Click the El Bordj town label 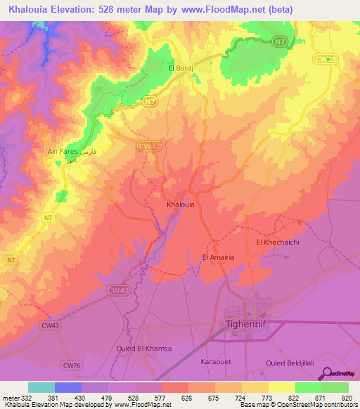(180, 67)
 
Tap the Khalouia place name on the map (180, 204)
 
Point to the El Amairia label (218, 257)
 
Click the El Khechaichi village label (278, 242)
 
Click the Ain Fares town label (61, 151)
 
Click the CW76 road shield (92, 365)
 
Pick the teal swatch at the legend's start (41, 387)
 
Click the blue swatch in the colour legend (67, 387)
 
